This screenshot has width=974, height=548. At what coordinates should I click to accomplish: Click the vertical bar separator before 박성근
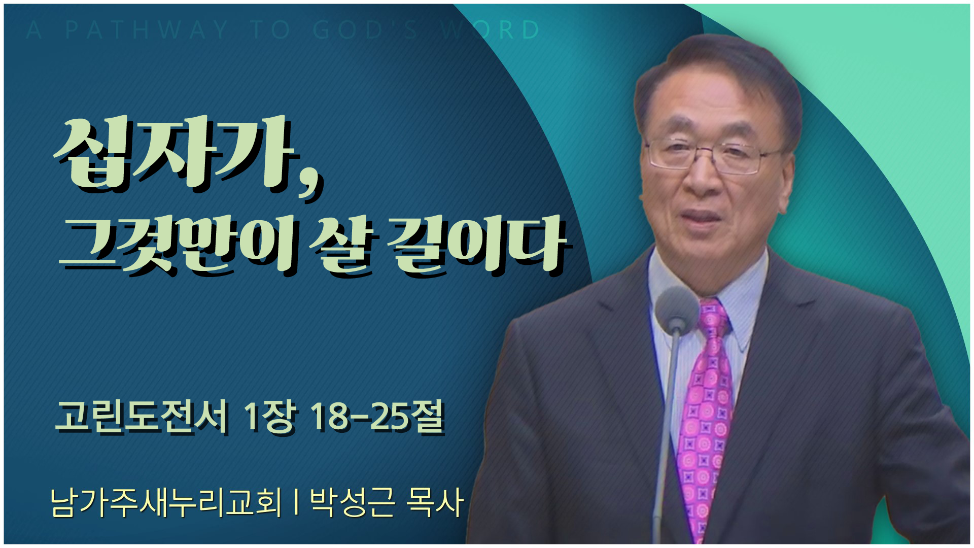[x=296, y=502]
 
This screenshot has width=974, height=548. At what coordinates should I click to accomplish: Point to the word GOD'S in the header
[x=365, y=30]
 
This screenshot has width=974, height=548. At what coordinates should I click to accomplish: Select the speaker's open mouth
[x=703, y=217]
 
